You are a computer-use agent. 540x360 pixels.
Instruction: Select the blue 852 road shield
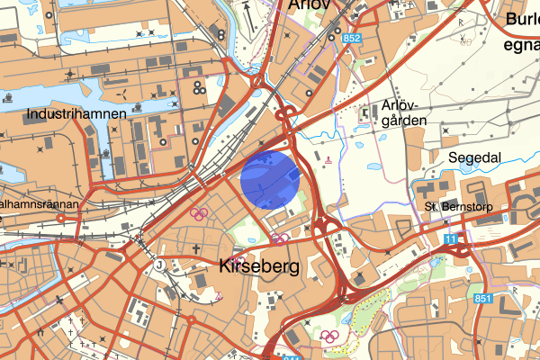pos(351,38)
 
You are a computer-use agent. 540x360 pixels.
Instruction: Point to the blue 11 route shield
pos(450,238)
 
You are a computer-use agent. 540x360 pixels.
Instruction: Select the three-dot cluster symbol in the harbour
pos(196,87)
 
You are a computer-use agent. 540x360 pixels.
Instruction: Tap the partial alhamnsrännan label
pos(40,204)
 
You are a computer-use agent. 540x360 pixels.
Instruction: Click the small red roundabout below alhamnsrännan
pos(62,218)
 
